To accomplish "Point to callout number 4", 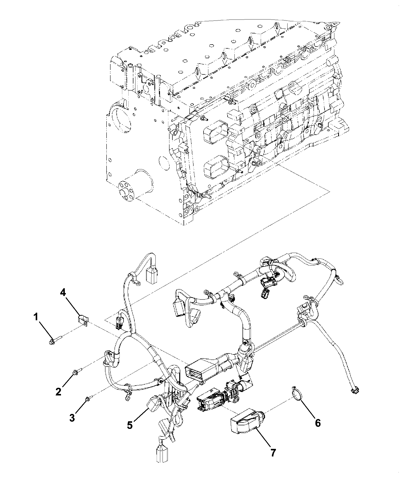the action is (x=63, y=293).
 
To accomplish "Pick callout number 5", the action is (x=130, y=425).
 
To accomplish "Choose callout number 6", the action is (x=317, y=423).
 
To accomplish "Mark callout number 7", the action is (x=273, y=453).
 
